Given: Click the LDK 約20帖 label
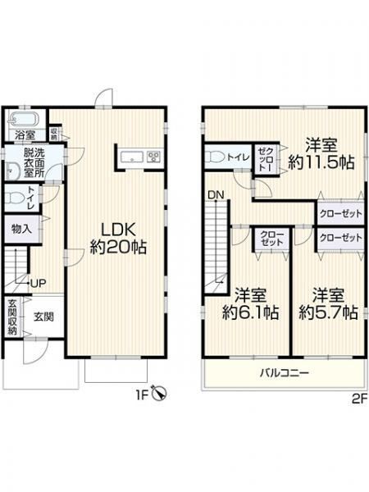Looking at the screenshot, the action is [x=118, y=239].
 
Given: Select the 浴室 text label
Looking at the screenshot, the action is [x=25, y=135].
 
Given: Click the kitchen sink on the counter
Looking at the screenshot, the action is [x=132, y=157].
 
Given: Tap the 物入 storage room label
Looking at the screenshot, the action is [x=21, y=229].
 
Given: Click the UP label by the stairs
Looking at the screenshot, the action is [x=39, y=284].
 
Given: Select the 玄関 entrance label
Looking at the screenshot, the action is [x=43, y=317].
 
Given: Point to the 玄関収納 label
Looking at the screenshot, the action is [x=12, y=317].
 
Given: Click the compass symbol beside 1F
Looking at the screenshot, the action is [x=159, y=392].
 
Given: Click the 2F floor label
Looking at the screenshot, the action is [x=360, y=399].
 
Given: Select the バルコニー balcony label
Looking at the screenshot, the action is [x=285, y=373].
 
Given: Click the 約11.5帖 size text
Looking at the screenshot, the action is [x=321, y=162].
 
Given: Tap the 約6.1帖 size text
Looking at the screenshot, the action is [x=250, y=312].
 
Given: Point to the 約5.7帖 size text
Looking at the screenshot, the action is [x=328, y=312].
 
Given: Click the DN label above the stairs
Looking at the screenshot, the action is [x=216, y=195].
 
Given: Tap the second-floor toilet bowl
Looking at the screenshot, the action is [x=215, y=157].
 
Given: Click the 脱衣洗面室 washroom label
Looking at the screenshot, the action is [x=34, y=163].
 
